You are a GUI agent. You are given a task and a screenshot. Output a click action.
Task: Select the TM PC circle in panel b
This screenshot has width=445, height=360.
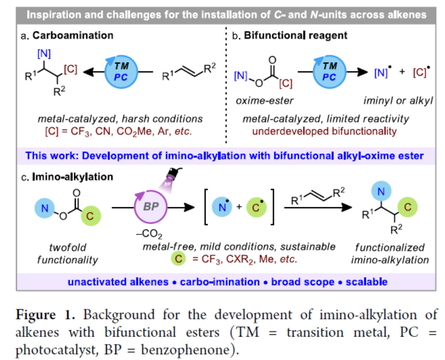[x=330, y=71]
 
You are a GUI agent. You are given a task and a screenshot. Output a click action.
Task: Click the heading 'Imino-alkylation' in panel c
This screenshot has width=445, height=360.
[x=73, y=177]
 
